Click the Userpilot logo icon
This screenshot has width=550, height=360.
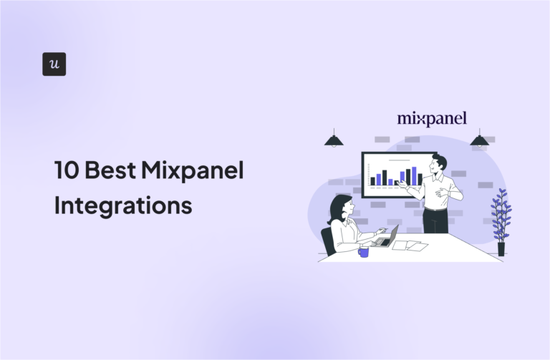[54, 64]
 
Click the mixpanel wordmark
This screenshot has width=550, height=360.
[432, 118]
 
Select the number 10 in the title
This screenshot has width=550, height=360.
[67, 171]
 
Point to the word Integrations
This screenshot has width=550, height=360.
[123, 205]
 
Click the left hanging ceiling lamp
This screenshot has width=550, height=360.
[334, 140]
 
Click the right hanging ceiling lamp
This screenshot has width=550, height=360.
[479, 140]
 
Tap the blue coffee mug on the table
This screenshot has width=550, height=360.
[364, 251]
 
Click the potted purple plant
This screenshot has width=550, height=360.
[501, 215]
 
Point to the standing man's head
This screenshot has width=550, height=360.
[439, 164]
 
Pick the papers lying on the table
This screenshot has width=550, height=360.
[410, 245]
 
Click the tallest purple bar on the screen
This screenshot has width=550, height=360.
[412, 175]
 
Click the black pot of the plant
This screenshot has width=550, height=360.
[501, 248]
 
